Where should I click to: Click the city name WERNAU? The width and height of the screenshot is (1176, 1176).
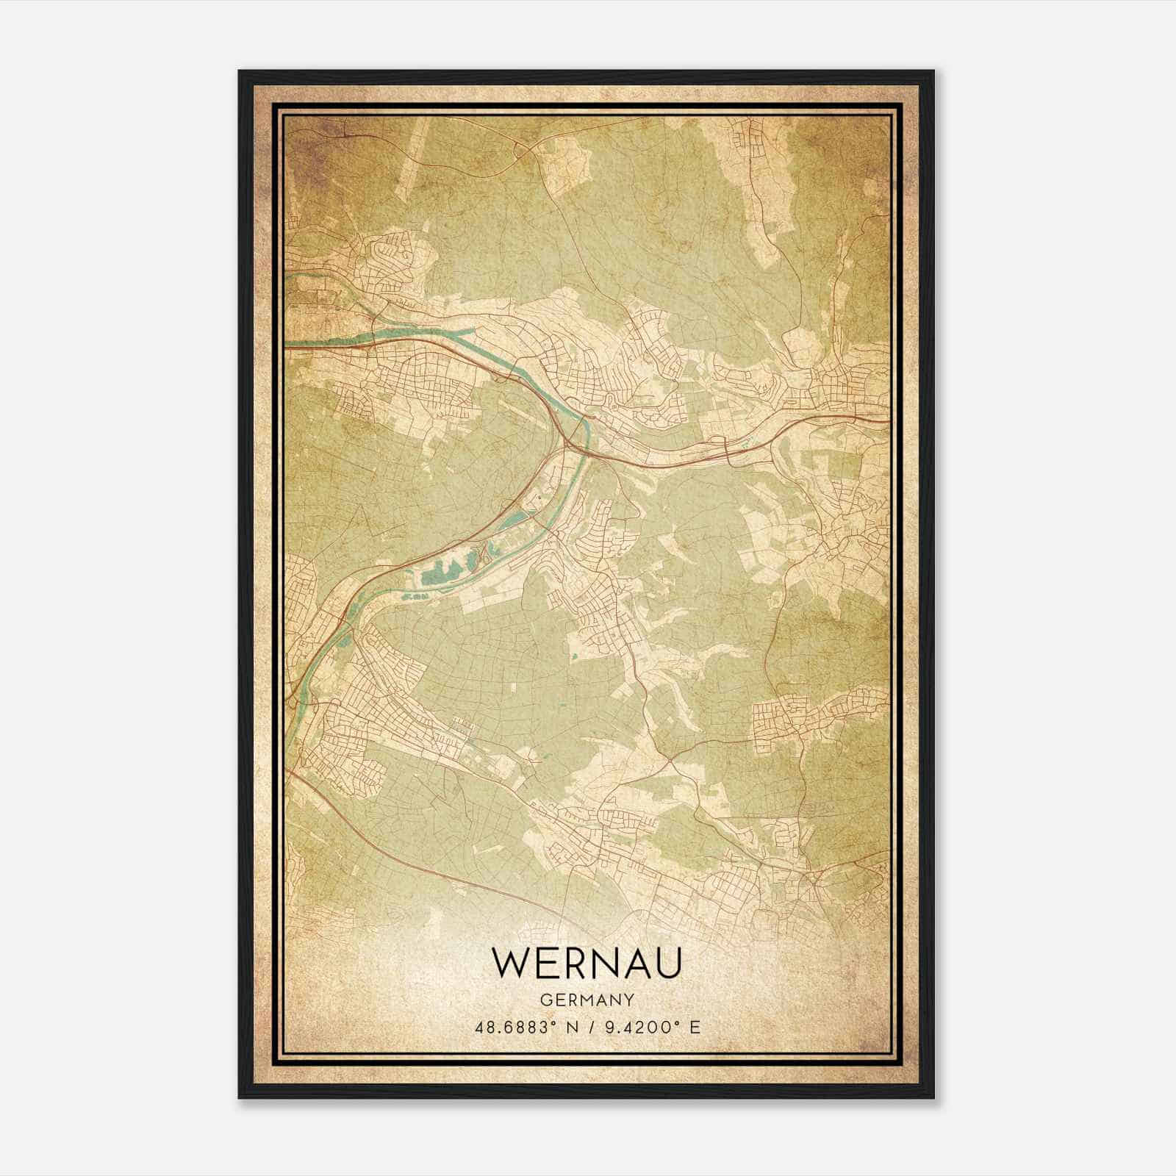click(587, 962)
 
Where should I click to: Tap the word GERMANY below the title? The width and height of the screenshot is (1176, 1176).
click(587, 1000)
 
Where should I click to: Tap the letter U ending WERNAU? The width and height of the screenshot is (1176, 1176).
click(666, 962)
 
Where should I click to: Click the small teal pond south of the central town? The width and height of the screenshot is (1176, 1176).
click(575, 653)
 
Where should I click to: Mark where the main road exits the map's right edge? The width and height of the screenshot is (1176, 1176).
click(887, 420)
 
